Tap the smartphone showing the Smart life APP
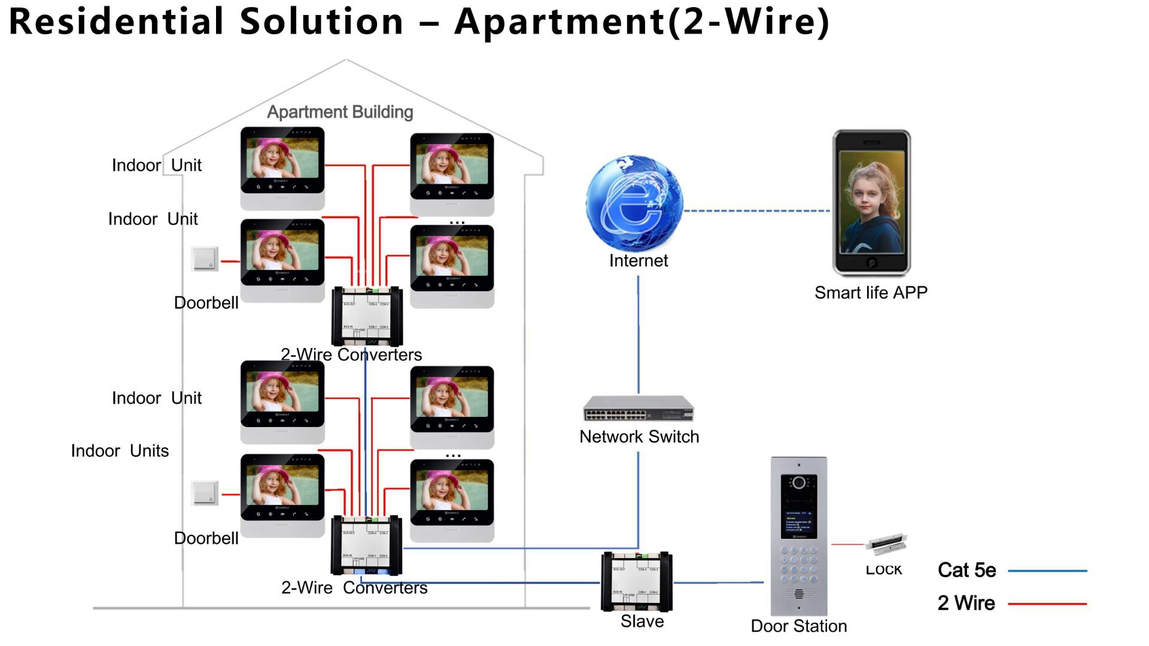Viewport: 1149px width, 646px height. [x=871, y=203]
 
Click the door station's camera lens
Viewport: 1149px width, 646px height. [x=798, y=482]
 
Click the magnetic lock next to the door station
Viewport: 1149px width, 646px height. [x=886, y=544]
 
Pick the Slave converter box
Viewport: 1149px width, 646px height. [x=637, y=581]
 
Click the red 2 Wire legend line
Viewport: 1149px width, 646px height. [x=1047, y=604]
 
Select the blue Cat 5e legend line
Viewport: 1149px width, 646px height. [x=1047, y=571]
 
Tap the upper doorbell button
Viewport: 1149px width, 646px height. [x=205, y=259]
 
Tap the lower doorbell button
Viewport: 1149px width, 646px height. [x=205, y=493]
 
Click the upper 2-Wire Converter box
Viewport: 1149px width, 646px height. [x=367, y=316]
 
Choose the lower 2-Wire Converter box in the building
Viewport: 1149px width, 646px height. [x=367, y=546]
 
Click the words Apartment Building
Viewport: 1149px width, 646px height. [x=340, y=112]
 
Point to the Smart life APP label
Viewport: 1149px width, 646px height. [x=871, y=292]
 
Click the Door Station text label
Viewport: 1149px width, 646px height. [x=798, y=626]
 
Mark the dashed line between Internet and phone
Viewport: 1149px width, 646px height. [x=756, y=211]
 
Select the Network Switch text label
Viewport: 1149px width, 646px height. [x=639, y=437]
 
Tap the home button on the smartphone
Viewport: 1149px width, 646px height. [x=872, y=263]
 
